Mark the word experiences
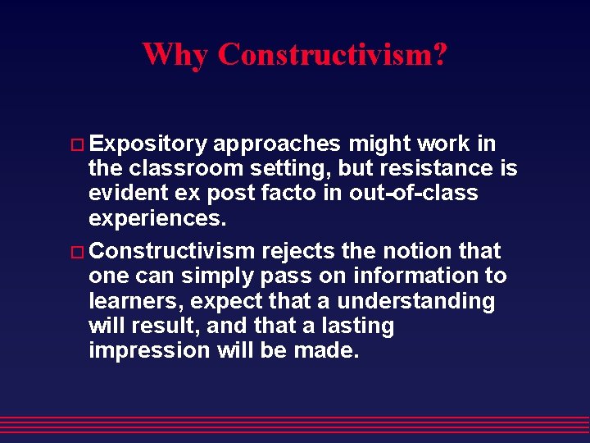point(153,219)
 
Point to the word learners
point(130,301)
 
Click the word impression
point(150,351)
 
